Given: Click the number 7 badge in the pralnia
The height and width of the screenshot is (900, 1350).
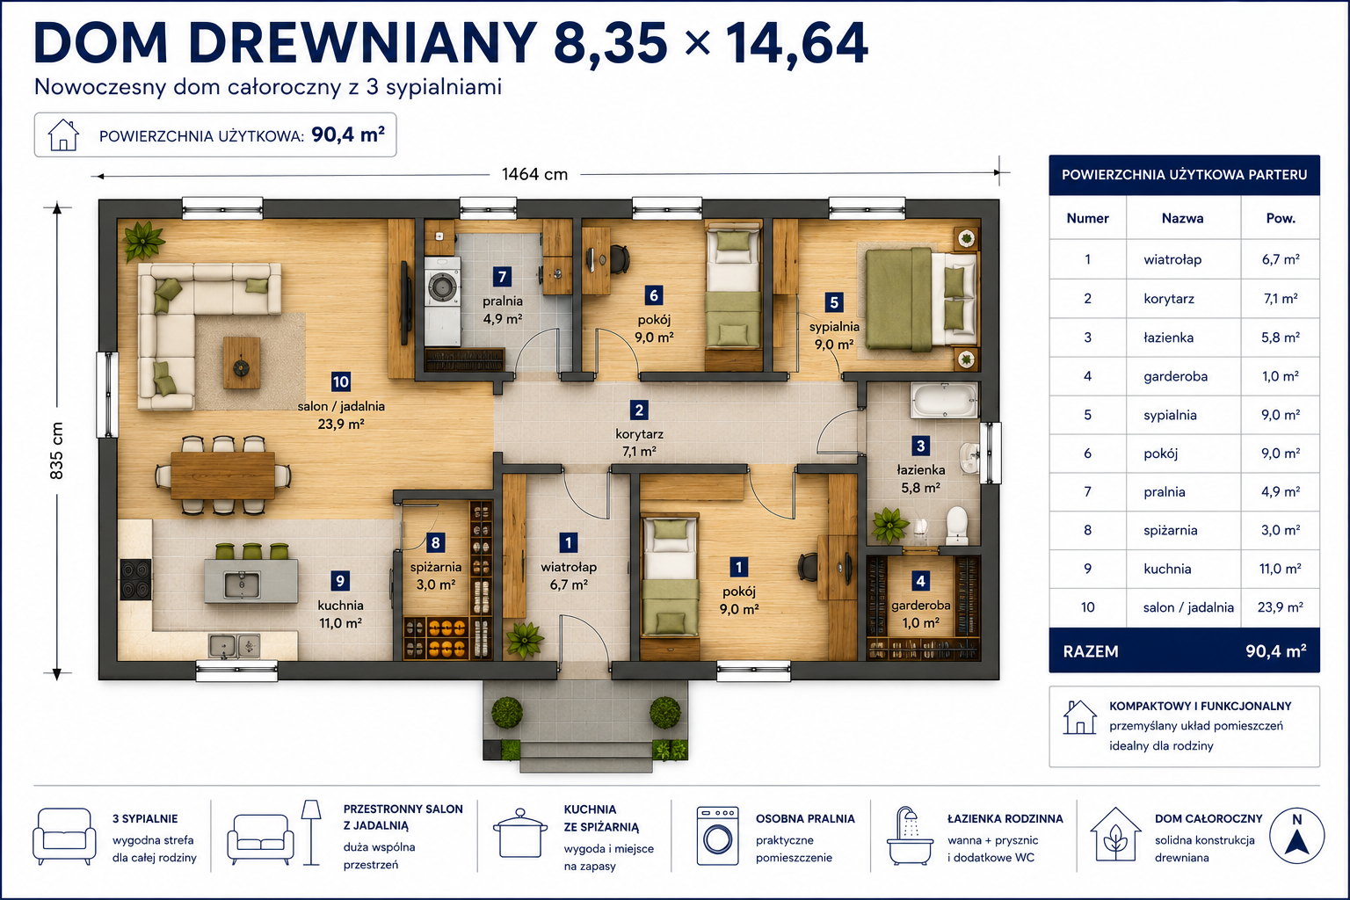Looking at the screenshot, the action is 502,277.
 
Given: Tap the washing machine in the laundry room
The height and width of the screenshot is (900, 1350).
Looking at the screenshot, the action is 443,287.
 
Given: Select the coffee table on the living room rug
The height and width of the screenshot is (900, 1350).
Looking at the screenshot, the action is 242,362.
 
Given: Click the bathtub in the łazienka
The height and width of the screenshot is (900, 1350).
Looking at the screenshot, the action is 944,400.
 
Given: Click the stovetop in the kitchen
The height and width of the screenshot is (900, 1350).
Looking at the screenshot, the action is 135,578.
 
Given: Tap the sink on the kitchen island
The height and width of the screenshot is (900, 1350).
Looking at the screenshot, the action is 241,584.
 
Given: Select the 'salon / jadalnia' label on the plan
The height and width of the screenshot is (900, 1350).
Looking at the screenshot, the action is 341,406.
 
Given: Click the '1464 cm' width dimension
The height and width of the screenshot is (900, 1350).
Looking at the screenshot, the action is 534,174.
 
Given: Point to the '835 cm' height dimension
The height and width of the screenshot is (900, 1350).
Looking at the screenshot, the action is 56,450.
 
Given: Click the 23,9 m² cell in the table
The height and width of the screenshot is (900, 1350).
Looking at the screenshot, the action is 1280,607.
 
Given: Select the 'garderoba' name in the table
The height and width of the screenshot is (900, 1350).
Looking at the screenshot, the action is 1175,377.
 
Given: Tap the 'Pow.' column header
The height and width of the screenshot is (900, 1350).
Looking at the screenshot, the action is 1280,218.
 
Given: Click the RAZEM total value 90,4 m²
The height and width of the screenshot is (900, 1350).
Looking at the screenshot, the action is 1276,651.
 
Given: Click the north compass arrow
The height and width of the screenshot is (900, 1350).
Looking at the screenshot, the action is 1297,841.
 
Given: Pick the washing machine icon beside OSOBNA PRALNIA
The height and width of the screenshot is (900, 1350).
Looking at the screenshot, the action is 717,836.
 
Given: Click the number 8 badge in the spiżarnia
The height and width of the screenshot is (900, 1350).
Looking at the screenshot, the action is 435,542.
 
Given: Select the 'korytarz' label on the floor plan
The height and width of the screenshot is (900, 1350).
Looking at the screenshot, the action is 639,434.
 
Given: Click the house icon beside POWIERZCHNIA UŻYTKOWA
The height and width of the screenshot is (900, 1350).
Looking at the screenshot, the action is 63,134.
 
